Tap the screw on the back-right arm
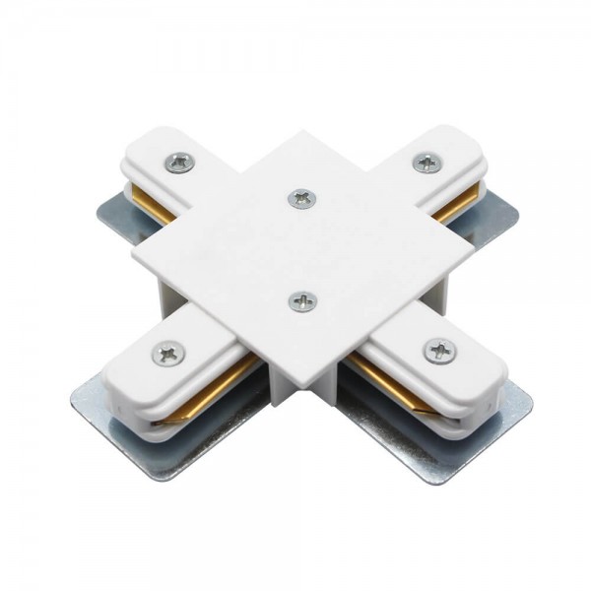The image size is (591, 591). pyautogui.click(x=426, y=163)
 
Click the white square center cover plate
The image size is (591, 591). pyautogui.click(x=295, y=246)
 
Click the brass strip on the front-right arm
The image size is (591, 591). pyautogui.click(x=384, y=379)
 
